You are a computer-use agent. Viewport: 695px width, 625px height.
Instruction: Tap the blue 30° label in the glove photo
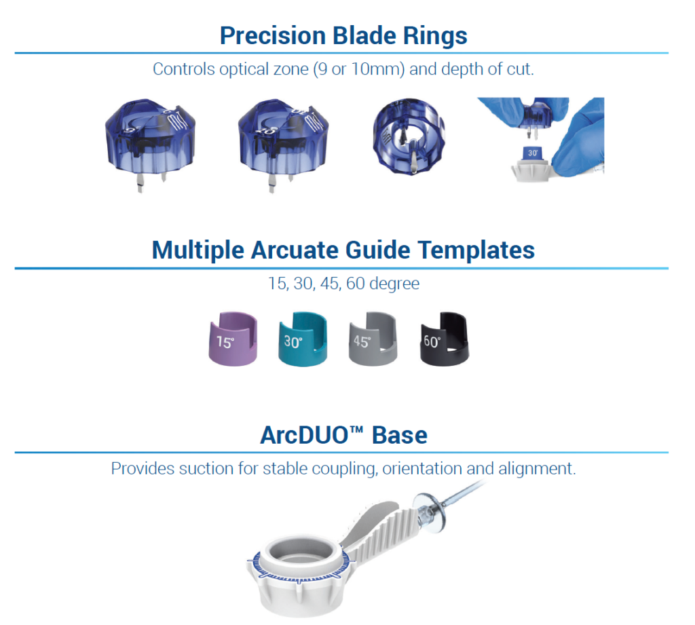(533, 153)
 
